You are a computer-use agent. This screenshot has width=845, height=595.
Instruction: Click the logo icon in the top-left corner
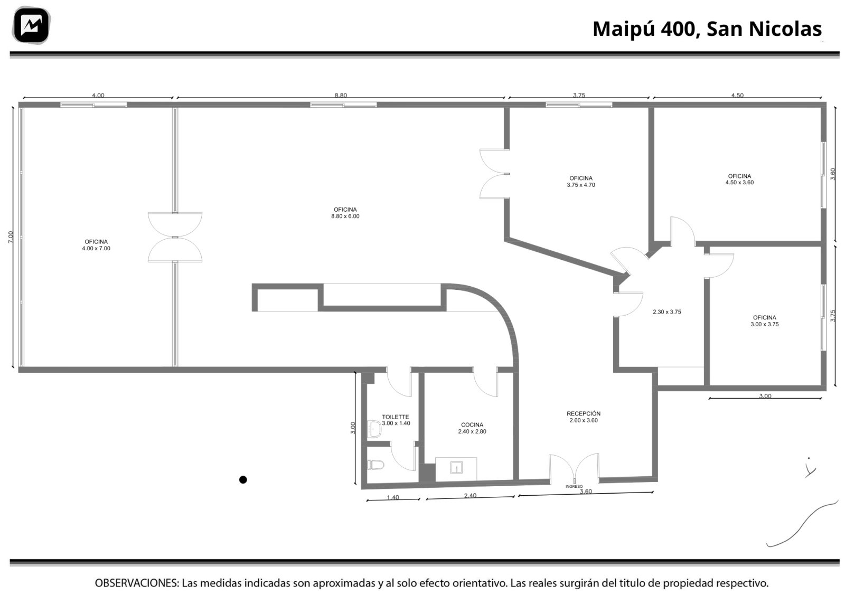tap(31, 25)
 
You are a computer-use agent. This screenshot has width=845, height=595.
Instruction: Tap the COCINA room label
tap(472, 428)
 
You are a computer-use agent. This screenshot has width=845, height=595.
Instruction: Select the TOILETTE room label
tap(396, 420)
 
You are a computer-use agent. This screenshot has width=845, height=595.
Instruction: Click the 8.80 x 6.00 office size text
tap(345, 216)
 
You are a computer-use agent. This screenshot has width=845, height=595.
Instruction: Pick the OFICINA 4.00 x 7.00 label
tap(96, 245)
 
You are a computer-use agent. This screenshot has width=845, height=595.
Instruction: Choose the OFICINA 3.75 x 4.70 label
tap(581, 182)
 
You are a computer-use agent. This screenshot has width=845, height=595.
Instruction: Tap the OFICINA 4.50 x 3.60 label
tap(739, 179)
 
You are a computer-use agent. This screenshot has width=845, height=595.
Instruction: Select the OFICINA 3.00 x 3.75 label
tap(765, 321)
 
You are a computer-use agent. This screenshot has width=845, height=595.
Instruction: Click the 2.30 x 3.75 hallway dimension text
tap(667, 312)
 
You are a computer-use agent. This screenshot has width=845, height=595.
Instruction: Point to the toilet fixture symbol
tap(375, 465)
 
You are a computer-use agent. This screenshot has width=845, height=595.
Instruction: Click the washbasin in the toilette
tap(374, 429)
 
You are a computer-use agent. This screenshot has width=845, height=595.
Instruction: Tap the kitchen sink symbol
tap(456, 468)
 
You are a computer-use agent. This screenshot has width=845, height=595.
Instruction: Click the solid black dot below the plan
tap(243, 479)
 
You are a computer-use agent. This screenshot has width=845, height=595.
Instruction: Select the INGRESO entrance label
tap(574, 486)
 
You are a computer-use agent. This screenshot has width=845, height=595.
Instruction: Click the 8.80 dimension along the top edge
tap(341, 96)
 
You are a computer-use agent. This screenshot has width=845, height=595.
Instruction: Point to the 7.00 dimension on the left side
tap(11, 237)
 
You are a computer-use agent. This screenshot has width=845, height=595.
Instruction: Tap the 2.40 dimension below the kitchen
tap(470, 495)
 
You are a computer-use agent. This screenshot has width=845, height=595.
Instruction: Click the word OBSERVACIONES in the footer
tap(137, 583)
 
